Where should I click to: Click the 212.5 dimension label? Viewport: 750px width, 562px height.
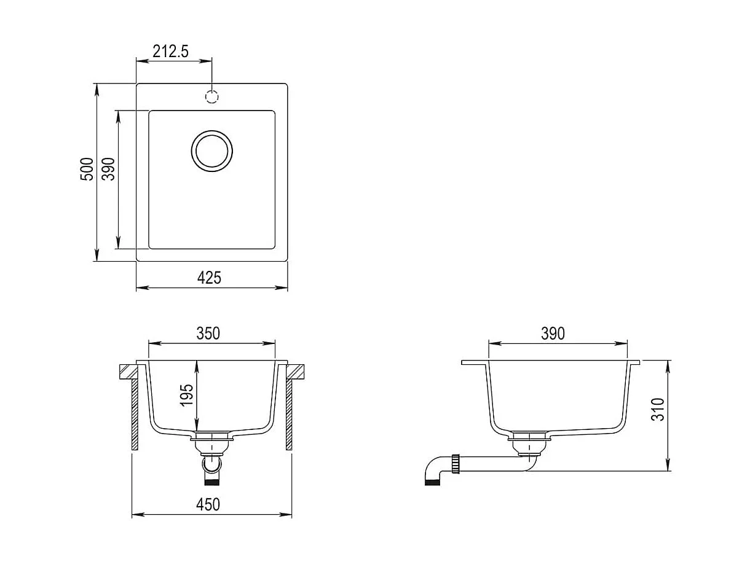click(170, 52)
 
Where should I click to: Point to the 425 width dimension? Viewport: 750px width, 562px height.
click(209, 278)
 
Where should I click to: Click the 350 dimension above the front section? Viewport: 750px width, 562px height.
click(208, 334)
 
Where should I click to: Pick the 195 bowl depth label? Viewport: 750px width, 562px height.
click(187, 396)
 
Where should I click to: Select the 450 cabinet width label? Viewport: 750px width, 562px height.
click(208, 505)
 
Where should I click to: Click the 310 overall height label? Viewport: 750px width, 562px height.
click(658, 409)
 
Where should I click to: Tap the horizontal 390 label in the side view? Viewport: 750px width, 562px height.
click(553, 334)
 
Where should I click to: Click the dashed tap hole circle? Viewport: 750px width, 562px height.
click(212, 97)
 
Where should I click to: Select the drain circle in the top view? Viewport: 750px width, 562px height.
click(212, 150)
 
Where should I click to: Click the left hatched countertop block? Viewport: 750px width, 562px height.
click(130, 372)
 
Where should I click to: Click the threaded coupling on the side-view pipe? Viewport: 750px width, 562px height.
click(456, 463)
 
